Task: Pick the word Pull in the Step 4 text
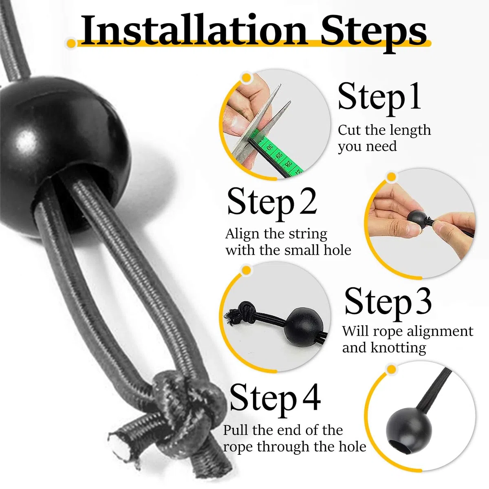coord(235,430)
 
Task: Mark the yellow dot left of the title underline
coord(72,43)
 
